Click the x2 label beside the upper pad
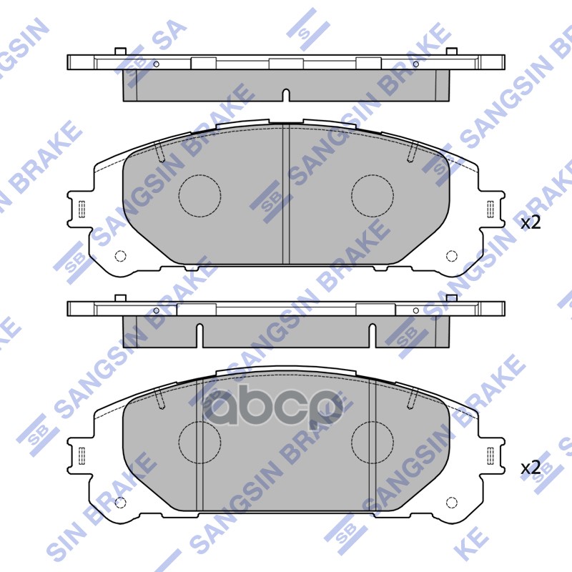click(531, 222)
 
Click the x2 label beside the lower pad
click(531, 468)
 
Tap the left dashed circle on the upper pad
click(199, 195)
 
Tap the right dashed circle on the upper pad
click(373, 195)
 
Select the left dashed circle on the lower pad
click(199, 441)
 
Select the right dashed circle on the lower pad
click(373, 441)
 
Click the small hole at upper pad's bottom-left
click(120, 256)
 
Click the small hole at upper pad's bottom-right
click(451, 256)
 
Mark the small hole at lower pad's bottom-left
click(120, 501)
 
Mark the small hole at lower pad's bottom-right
click(451, 501)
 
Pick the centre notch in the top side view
click(286, 96)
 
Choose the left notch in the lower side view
click(199, 334)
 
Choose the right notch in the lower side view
click(373, 334)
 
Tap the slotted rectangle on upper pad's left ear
click(81, 209)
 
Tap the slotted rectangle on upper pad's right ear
click(490, 209)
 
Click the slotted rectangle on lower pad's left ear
click(81, 455)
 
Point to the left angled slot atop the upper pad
click(159, 152)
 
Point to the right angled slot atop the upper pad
click(413, 152)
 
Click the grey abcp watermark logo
click(272, 408)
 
